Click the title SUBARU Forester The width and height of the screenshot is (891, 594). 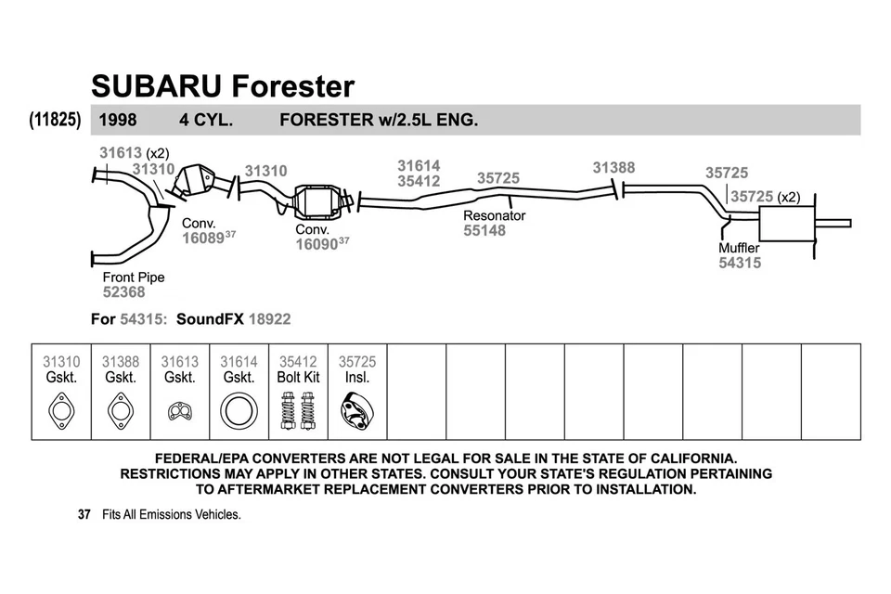click(223, 86)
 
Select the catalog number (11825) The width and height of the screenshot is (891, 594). click(55, 120)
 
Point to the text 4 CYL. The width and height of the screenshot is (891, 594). click(205, 120)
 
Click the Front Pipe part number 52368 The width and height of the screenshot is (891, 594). click(123, 292)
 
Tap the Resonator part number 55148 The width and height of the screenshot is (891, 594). click(484, 231)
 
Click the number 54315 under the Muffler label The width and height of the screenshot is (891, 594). click(740, 264)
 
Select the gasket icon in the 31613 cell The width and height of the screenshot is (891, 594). click(179, 409)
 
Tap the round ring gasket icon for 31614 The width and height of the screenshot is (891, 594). click(239, 410)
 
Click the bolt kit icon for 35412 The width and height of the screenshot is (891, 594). click(298, 410)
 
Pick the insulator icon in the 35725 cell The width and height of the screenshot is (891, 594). click(356, 410)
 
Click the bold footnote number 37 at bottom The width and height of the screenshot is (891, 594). click(84, 514)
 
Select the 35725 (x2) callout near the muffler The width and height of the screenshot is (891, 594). click(764, 197)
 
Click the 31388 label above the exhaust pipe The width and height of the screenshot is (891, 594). click(613, 168)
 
